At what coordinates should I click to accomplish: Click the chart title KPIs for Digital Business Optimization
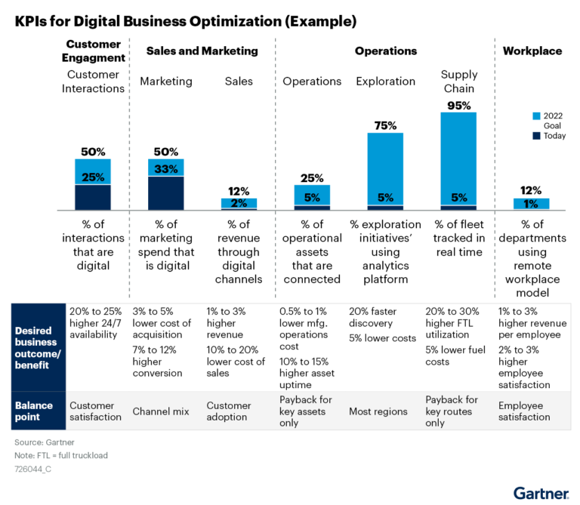pos(185,21)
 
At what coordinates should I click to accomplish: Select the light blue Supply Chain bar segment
pos(458,151)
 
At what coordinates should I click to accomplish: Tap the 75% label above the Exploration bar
pos(385,125)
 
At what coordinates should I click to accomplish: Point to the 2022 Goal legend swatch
pos(537,115)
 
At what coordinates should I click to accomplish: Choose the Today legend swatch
pos(537,135)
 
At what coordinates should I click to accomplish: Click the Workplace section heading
pos(532,51)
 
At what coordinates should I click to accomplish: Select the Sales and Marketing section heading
pos(202,51)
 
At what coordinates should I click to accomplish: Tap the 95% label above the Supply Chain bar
pos(458,105)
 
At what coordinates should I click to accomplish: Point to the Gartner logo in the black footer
pos(541,494)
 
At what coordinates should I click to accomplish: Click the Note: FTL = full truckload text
pos(66,455)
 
